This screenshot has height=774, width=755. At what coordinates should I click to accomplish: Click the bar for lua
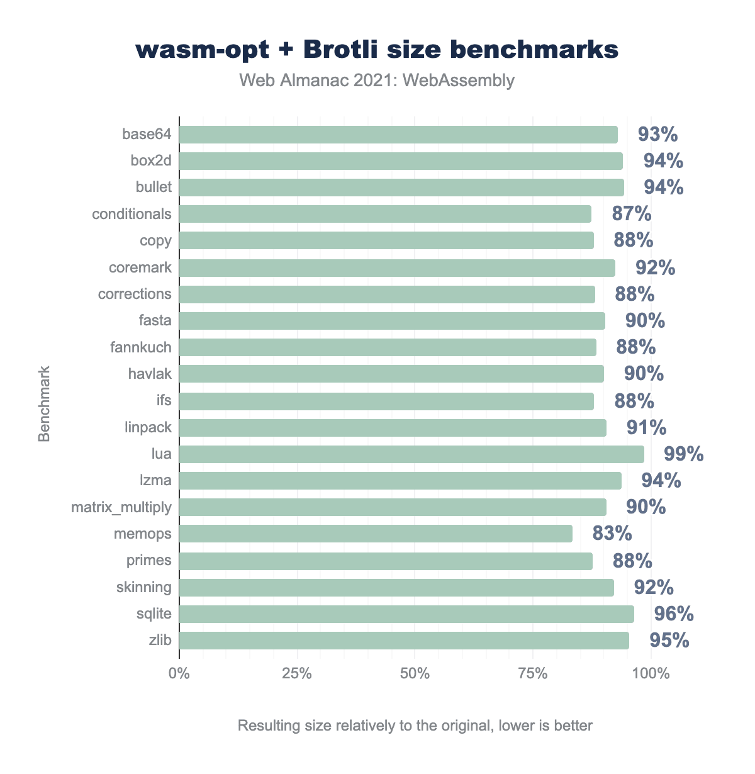[411, 454]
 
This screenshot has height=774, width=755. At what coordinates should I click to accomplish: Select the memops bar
[376, 534]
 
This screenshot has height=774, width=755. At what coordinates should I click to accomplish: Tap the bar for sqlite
[406, 614]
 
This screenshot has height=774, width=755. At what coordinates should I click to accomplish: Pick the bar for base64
[398, 135]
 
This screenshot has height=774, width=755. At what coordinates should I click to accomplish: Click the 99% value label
[684, 454]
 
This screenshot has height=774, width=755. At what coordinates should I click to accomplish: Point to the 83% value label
[612, 534]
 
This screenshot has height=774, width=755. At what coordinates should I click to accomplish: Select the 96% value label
[674, 614]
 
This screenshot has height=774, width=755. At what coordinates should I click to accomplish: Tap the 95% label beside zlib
[669, 641]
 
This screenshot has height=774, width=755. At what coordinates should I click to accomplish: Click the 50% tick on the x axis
[415, 674]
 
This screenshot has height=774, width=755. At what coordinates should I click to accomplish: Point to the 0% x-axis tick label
[179, 674]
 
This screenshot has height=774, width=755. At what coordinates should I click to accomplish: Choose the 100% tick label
[651, 674]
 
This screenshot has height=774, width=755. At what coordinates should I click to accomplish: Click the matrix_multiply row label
[121, 507]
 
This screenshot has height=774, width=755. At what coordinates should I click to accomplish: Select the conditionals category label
[131, 214]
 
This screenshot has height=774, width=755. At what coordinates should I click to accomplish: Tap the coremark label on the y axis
[140, 267]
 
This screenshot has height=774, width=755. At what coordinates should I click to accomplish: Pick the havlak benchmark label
[149, 374]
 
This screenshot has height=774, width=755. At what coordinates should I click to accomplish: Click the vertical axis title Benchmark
[44, 405]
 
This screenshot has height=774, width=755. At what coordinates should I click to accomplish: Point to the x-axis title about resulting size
[415, 726]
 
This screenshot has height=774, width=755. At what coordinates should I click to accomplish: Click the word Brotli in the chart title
[342, 50]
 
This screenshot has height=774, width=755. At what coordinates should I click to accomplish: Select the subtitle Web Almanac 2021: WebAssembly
[377, 81]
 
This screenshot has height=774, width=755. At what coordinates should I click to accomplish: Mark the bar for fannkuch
[388, 347]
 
